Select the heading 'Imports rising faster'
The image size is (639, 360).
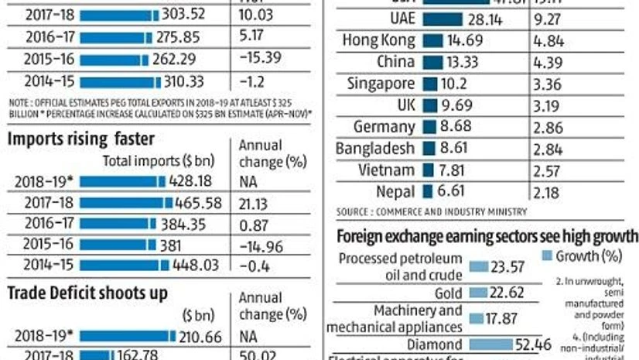point(81,139)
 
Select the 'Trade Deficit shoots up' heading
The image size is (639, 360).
point(87,293)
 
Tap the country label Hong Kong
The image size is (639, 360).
point(380,40)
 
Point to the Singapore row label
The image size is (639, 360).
point(382,84)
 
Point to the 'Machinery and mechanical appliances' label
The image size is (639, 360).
point(397,319)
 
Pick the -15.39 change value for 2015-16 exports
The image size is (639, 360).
point(259,57)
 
